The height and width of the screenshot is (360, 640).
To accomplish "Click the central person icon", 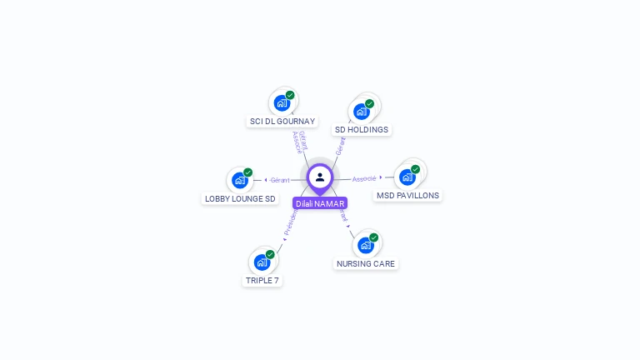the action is [x=320, y=177].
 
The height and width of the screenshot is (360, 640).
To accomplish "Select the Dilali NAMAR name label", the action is [x=320, y=203].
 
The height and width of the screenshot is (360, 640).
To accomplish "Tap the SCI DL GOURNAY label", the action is [x=282, y=122].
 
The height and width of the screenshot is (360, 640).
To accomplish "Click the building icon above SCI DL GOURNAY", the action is [x=282, y=104].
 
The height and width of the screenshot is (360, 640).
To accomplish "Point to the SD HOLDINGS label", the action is [x=362, y=130].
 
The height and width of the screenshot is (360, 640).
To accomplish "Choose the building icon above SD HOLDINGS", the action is [x=361, y=112].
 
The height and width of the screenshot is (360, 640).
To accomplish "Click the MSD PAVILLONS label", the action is [x=407, y=196].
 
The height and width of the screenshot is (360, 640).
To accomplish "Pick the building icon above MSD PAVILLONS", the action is [x=407, y=177].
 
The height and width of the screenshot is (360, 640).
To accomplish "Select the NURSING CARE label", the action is [x=366, y=264].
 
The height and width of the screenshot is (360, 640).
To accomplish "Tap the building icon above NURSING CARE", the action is [x=365, y=246].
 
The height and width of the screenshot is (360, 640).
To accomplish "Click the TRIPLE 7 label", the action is [x=262, y=281].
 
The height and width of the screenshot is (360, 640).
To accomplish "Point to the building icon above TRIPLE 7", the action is [x=262, y=263].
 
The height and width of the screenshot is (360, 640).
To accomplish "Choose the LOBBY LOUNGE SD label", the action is [x=240, y=199].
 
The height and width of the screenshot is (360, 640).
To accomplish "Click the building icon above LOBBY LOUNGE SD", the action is [x=239, y=181].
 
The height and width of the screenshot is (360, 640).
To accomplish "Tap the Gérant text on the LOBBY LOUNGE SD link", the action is [x=280, y=180].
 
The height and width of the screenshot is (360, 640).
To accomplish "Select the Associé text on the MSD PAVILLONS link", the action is [x=364, y=178].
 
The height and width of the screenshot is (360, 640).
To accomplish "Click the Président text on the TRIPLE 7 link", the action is [x=290, y=221].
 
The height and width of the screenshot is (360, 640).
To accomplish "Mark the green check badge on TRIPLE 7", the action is [x=270, y=254].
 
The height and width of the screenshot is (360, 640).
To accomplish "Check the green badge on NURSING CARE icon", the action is [x=373, y=237].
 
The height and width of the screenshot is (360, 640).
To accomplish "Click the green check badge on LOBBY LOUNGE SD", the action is [x=247, y=172].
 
